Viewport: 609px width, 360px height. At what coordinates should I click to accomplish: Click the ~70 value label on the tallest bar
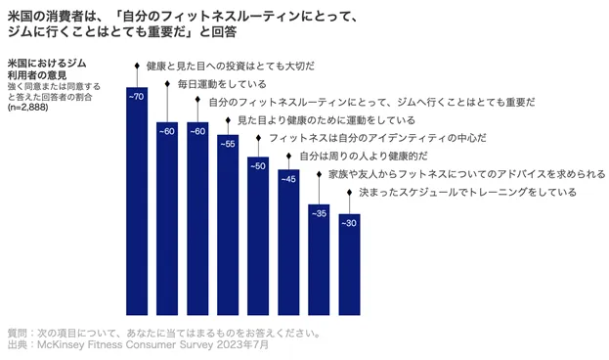click(136, 97)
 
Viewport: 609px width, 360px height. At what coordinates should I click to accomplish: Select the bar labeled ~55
click(228, 225)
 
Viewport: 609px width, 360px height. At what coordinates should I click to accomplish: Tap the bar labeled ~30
click(349, 264)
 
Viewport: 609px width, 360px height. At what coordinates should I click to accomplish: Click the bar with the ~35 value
click(319, 259)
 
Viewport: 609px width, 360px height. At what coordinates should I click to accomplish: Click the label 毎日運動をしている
click(222, 84)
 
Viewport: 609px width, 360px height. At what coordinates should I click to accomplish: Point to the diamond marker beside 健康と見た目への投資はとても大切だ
click(137, 66)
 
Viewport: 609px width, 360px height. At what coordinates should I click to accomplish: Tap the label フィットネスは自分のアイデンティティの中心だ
click(377, 138)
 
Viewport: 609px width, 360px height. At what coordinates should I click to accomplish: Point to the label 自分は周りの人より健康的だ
click(363, 156)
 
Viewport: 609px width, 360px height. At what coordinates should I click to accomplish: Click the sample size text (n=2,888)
click(27, 108)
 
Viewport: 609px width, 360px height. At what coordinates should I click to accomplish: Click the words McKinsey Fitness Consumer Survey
click(125, 344)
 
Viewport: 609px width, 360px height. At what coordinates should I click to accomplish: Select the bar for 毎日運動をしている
click(167, 218)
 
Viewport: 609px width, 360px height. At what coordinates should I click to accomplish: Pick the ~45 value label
click(288, 179)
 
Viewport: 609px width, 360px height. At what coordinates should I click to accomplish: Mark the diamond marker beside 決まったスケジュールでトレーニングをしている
click(349, 192)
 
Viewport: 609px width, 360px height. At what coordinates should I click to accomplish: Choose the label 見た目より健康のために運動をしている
click(326, 120)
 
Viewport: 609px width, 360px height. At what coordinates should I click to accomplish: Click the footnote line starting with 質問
click(164, 334)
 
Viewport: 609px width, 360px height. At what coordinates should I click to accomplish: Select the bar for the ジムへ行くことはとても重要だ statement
click(197, 218)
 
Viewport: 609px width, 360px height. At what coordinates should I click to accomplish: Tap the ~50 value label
click(258, 166)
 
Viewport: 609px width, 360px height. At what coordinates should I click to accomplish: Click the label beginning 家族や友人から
click(467, 174)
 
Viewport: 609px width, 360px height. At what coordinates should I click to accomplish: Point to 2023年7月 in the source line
click(242, 344)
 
